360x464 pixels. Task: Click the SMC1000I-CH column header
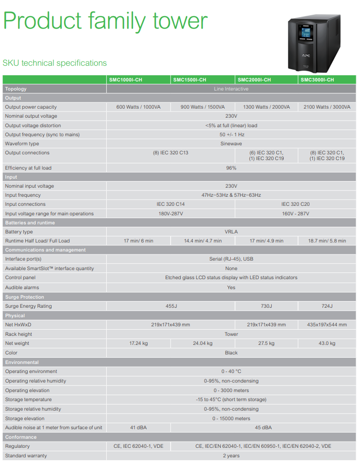(126, 80)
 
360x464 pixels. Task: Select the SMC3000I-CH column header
(317, 80)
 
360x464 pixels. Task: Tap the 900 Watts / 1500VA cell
(203, 107)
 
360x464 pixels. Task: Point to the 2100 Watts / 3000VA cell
(327, 107)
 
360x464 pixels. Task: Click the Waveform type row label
(22, 144)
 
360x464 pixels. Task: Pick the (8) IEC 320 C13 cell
(170, 153)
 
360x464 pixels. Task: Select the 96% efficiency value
(231, 168)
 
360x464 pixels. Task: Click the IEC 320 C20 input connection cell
(295, 204)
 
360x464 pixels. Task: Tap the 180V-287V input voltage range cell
(170, 214)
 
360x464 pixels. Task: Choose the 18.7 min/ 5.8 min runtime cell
(327, 241)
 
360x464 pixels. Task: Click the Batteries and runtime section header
(30, 223)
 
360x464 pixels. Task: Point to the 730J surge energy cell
(266, 306)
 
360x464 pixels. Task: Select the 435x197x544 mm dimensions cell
(327, 325)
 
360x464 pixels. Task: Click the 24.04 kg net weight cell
(203, 343)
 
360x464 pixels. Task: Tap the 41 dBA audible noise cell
(138, 428)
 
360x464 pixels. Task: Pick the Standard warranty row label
(26, 456)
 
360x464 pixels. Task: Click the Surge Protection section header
(25, 297)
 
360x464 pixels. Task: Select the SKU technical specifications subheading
(55, 63)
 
